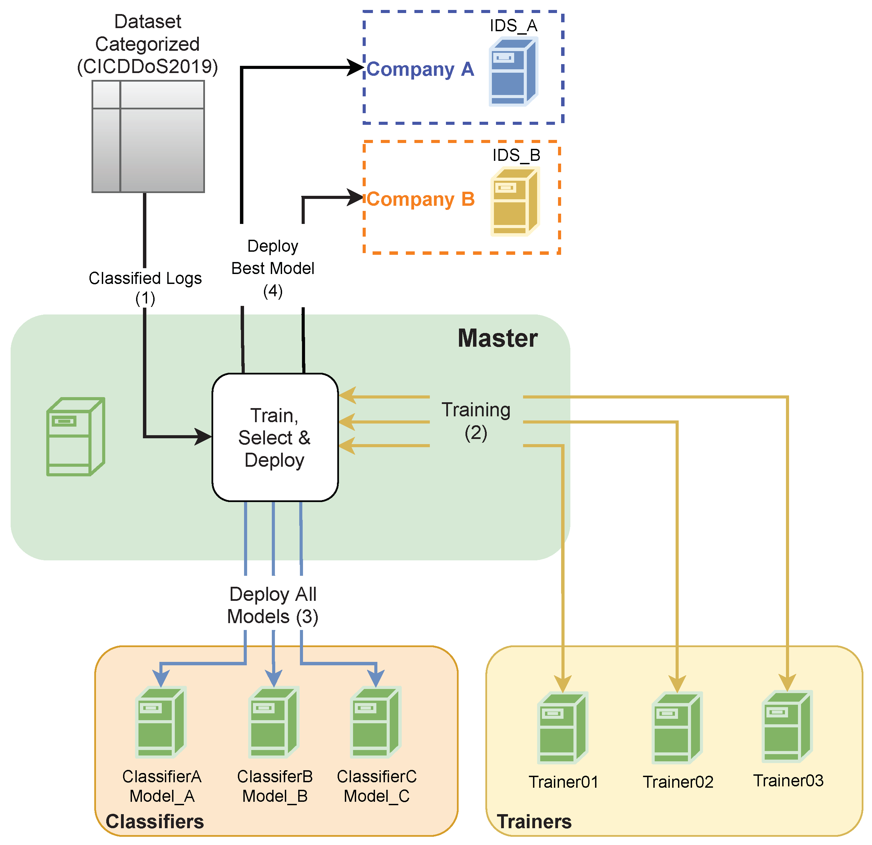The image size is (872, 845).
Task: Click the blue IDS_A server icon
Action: (x=514, y=71)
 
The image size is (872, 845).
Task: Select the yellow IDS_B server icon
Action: (x=515, y=201)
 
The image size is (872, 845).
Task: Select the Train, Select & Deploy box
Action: (x=275, y=437)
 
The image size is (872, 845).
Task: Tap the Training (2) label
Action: (x=476, y=421)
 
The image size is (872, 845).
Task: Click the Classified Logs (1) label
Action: (x=145, y=288)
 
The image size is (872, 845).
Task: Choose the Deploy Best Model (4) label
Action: (x=273, y=268)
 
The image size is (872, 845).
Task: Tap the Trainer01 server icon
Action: (x=563, y=727)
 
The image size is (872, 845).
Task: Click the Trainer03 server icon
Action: (x=787, y=726)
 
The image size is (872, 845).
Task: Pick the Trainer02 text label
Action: (x=678, y=782)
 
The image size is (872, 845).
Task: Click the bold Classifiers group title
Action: (x=155, y=821)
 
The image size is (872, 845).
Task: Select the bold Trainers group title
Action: (x=534, y=821)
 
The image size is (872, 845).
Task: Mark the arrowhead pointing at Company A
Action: (x=356, y=68)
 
